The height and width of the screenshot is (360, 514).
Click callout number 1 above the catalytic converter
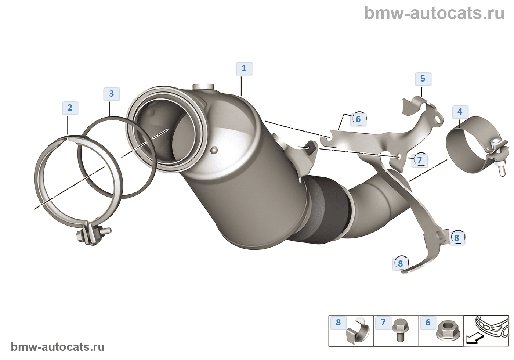coord(244,69)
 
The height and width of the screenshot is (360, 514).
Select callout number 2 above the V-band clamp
coord(70,108)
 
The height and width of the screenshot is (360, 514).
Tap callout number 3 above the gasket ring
coord(111,94)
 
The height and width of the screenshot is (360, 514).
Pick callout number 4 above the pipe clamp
coord(460,112)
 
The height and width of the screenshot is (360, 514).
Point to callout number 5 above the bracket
coord(423,79)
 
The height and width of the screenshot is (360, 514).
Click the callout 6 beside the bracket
coord(358,119)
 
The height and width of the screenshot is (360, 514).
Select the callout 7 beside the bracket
coord(419,161)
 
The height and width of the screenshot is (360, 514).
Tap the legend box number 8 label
coord(338,323)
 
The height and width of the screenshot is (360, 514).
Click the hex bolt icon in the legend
coord(398,330)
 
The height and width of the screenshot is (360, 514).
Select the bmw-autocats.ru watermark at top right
coord(434,13)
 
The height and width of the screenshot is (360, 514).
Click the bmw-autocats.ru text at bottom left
coord(58,347)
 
